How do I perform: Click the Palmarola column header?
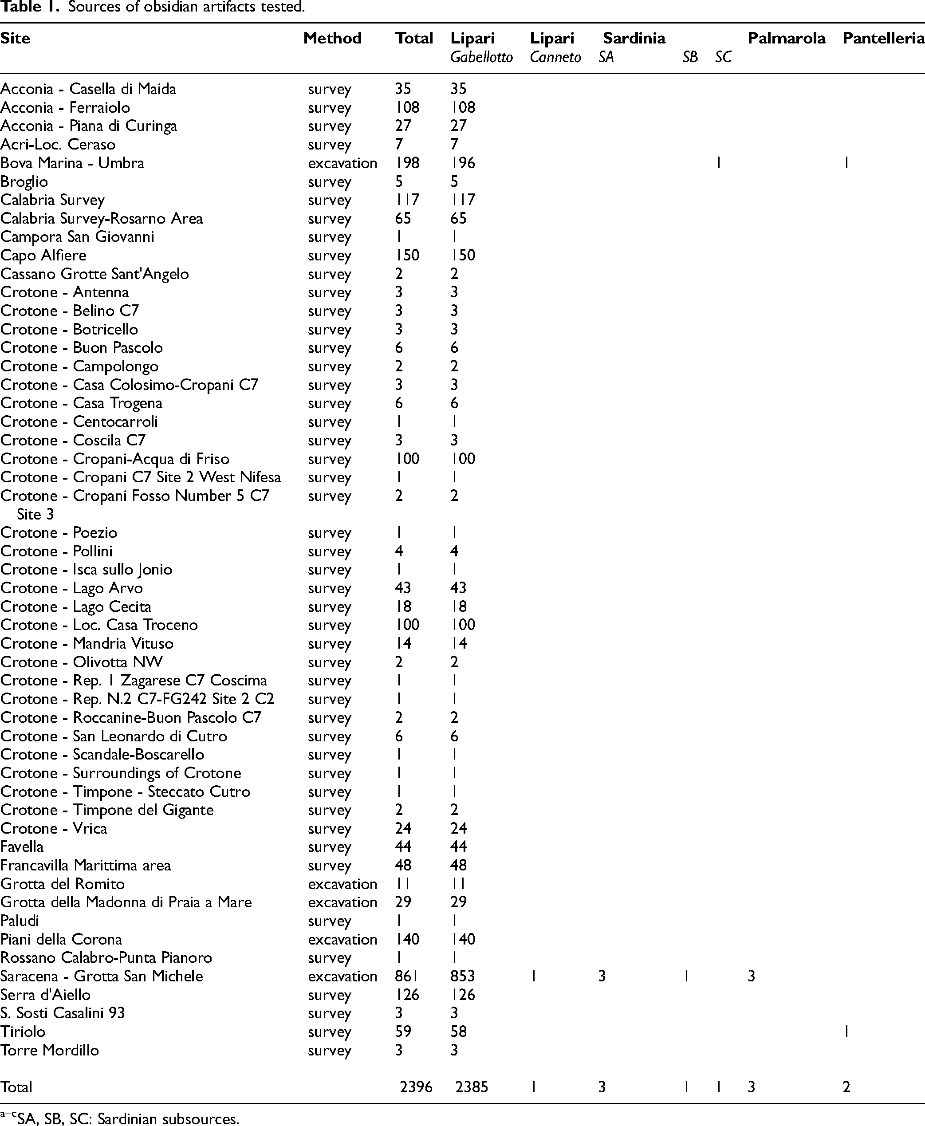[786, 38]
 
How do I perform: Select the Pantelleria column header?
[883, 38]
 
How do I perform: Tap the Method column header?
[332, 38]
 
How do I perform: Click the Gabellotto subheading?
[481, 58]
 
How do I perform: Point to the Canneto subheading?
[555, 58]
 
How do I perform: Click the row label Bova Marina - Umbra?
[72, 163]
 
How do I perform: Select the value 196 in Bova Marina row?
[462, 163]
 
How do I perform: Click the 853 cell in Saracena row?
[462, 976]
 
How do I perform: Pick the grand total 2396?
[416, 1087]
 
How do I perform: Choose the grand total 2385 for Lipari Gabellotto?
[472, 1087]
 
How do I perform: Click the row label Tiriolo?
[23, 1032]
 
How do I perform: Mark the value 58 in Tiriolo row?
[458, 1032]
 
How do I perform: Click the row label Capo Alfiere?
[43, 255]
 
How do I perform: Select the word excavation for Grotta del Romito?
[342, 884]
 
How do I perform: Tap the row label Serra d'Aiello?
[45, 995]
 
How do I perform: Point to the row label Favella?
[22, 847]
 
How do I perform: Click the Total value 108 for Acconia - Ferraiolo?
[407, 108]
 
